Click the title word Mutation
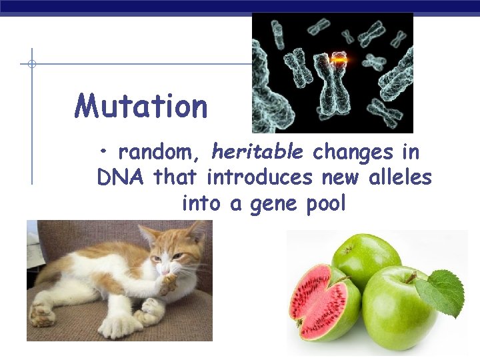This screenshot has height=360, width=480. pyautogui.click(x=141, y=106)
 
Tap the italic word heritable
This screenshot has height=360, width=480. pyautogui.click(x=257, y=153)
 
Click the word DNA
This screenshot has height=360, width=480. pyautogui.click(x=122, y=178)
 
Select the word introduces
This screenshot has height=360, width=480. pyautogui.click(x=260, y=178)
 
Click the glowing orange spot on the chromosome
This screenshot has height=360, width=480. pyautogui.click(x=340, y=61)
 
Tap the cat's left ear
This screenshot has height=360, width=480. pyautogui.click(x=148, y=235)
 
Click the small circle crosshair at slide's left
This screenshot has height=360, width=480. pyautogui.click(x=31, y=65)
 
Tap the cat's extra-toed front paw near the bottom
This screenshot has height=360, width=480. pyautogui.click(x=120, y=325)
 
